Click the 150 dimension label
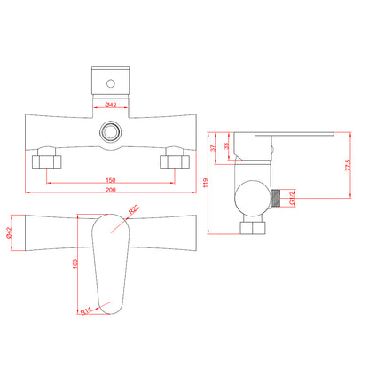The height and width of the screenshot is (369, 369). (111, 180)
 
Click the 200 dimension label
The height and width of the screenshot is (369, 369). (111, 190)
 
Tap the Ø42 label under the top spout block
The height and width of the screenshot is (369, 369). (111, 105)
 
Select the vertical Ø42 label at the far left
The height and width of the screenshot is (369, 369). (9, 232)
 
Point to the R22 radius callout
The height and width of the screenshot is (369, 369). (134, 209)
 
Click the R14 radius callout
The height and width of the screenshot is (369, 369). (86, 310)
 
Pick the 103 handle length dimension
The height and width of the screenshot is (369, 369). (75, 264)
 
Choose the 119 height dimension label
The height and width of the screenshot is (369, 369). (206, 183)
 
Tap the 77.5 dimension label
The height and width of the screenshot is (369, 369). (348, 165)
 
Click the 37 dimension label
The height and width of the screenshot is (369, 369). (213, 147)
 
